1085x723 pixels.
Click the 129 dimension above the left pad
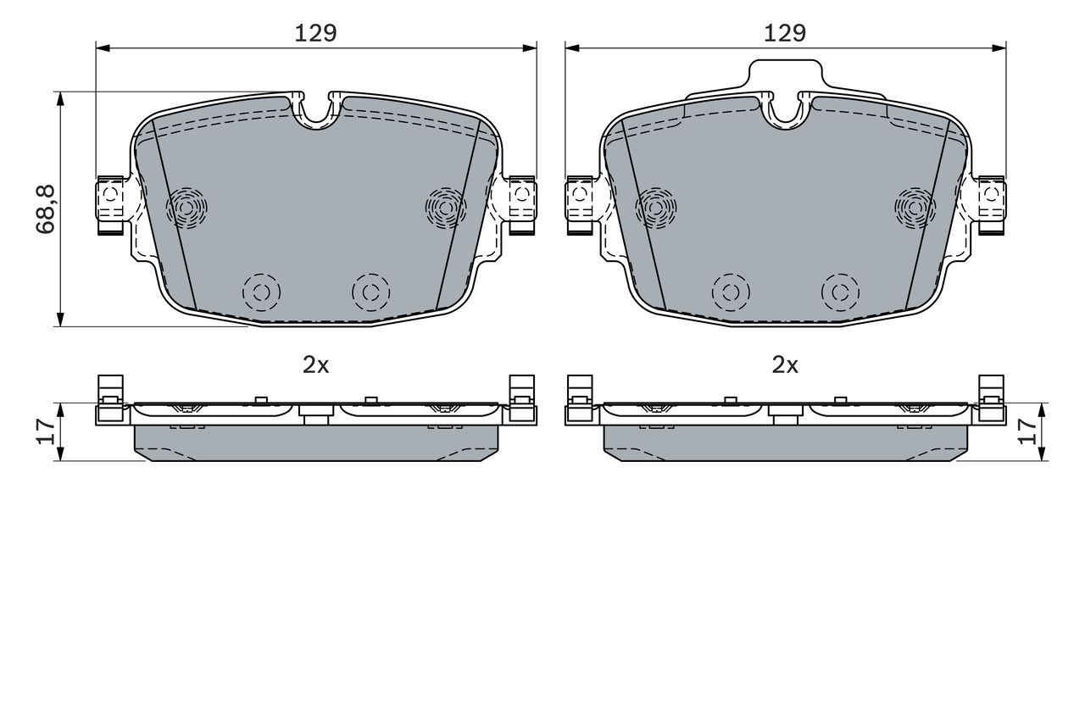coord(315,33)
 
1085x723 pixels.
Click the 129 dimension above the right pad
coord(785,33)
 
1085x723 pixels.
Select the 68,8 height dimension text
coord(46,209)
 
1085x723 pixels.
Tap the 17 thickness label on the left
coord(46,431)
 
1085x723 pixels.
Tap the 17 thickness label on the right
coord(1027,431)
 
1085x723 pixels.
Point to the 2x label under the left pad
coord(316,365)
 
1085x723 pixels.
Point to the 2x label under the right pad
coord(785,365)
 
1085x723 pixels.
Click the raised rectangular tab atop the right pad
coord(785,76)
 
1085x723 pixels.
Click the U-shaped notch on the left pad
coord(316,113)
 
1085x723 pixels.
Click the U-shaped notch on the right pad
coord(785,113)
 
